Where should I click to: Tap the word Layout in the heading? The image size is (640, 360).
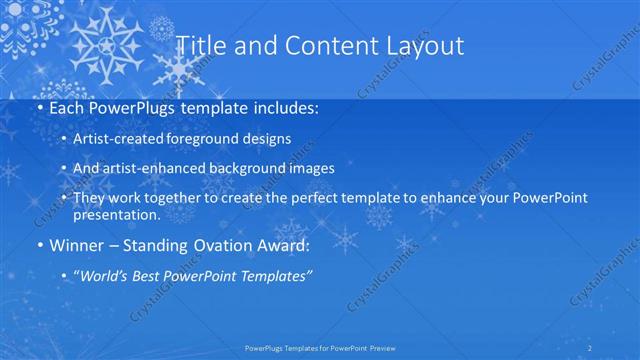click(422, 45)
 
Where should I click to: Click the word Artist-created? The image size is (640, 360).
click(137, 139)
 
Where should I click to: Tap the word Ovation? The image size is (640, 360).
click(214, 245)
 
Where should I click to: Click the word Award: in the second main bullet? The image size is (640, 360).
click(281, 245)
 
